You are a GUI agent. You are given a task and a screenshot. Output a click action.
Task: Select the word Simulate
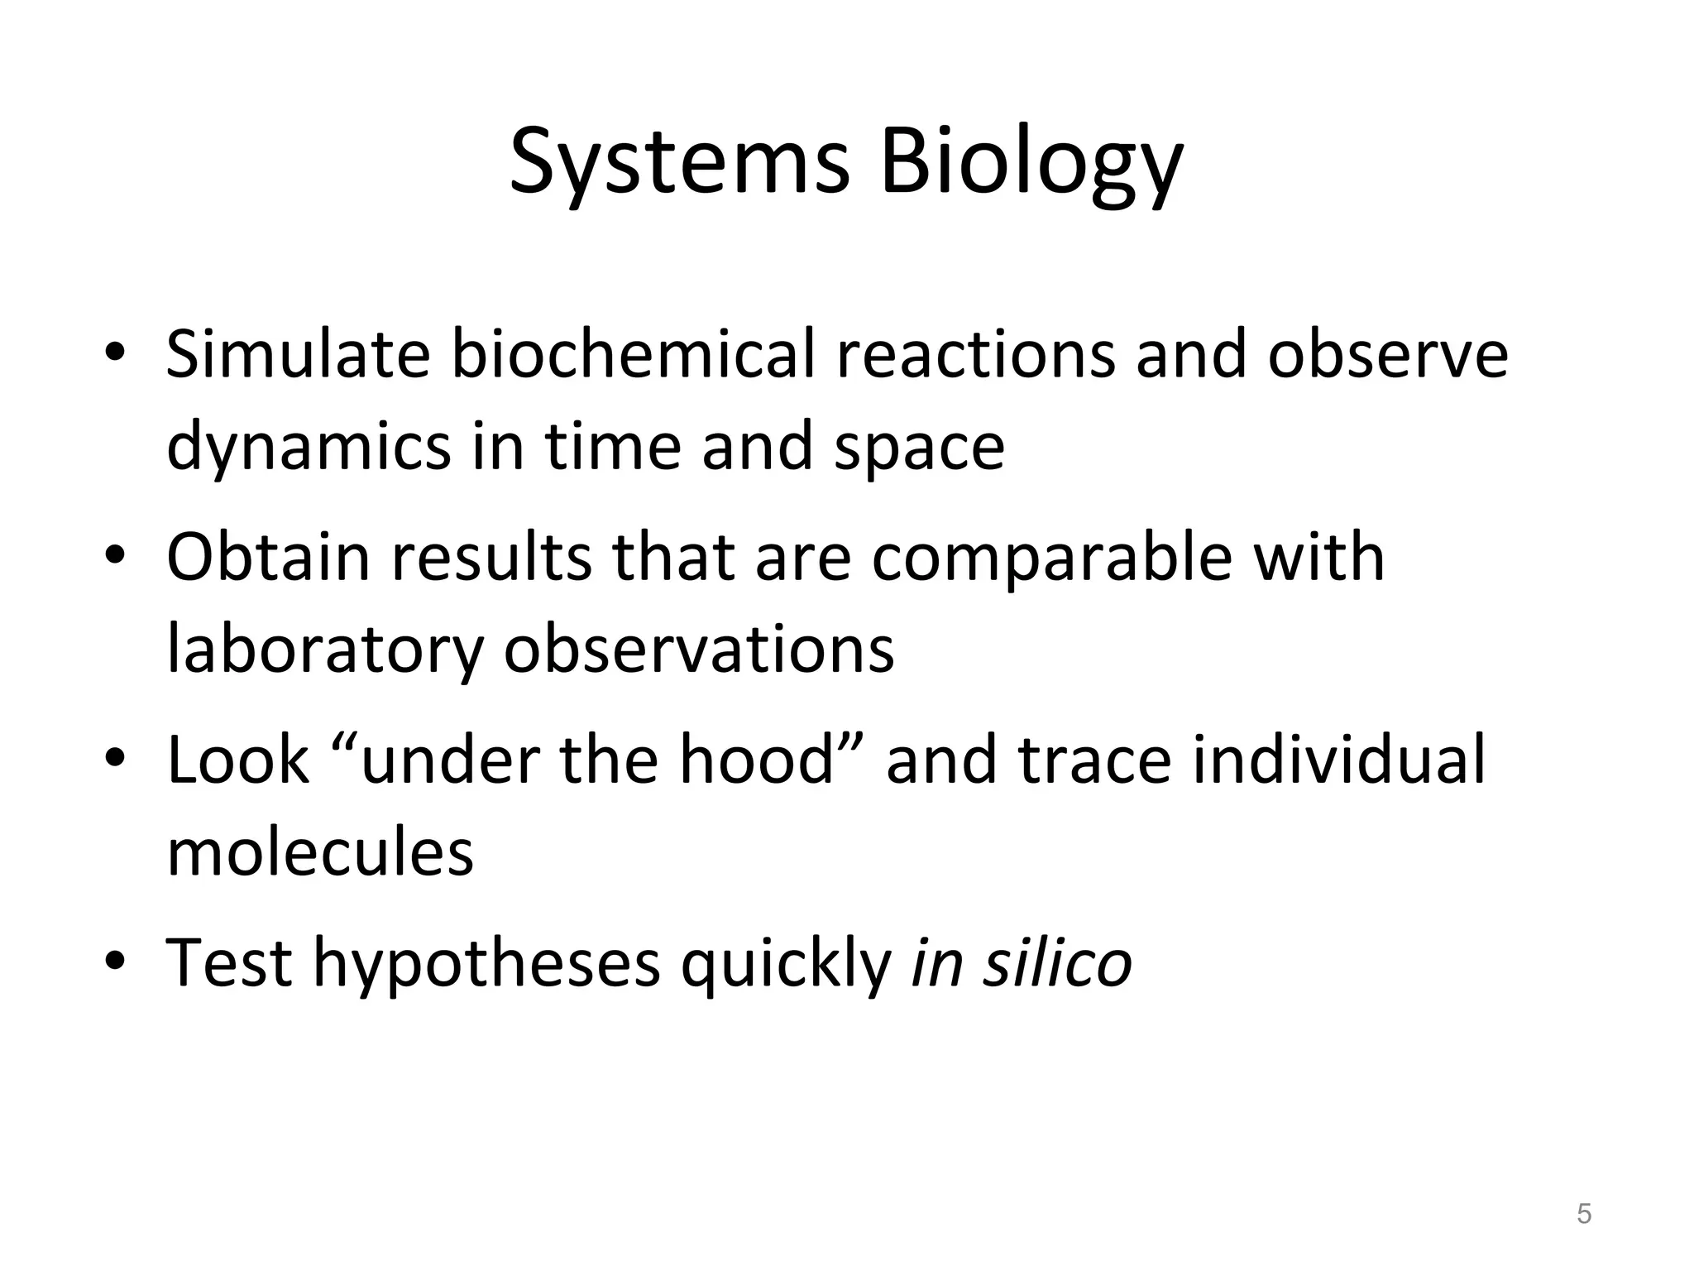298,354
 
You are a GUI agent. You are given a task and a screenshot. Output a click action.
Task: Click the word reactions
975,354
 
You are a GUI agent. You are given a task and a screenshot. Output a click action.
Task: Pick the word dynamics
309,448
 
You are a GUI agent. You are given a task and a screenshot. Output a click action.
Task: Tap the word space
919,448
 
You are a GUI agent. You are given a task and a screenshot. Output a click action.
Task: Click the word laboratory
325,650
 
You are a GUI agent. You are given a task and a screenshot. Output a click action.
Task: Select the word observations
699,650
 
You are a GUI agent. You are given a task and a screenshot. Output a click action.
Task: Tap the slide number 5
1584,1214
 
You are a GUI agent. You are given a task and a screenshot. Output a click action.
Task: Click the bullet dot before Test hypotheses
115,963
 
